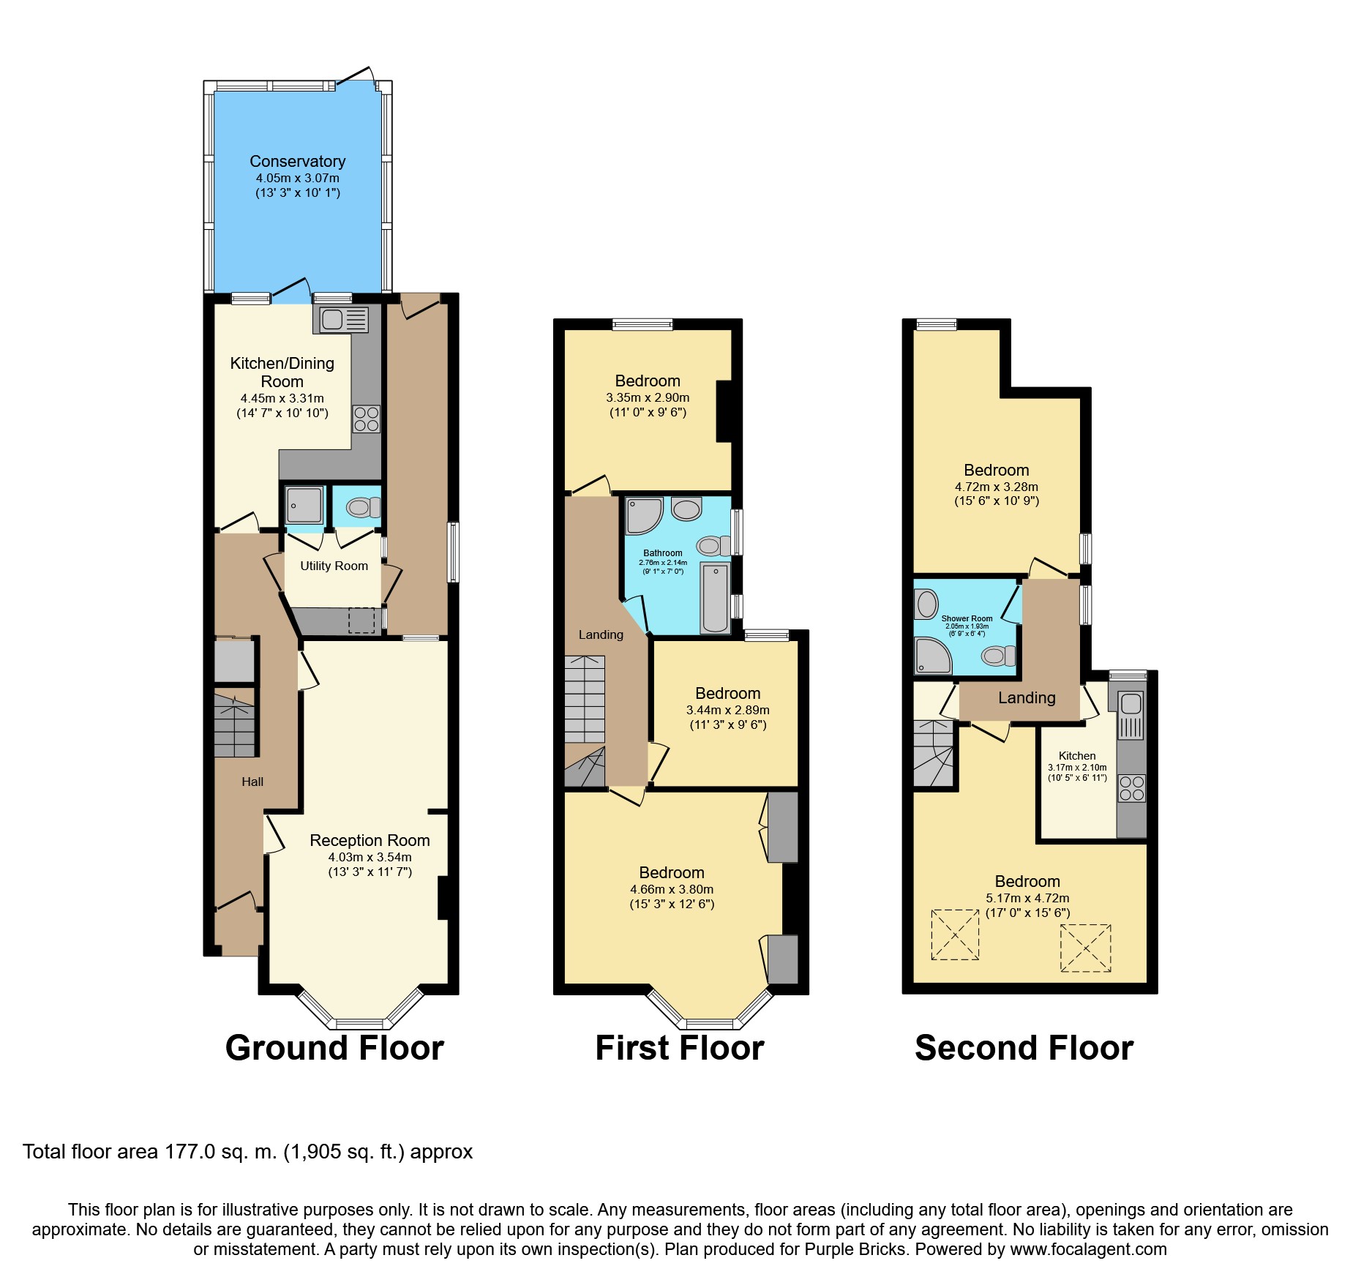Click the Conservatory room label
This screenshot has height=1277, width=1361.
(x=297, y=161)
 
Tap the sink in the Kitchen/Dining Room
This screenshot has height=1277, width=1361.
(x=341, y=320)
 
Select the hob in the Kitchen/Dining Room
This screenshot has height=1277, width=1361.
(x=367, y=419)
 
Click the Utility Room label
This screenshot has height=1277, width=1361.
(x=334, y=566)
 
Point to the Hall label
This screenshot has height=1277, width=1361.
(x=252, y=782)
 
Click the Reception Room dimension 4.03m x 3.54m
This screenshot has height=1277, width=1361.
(x=370, y=857)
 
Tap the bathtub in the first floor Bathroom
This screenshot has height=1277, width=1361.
(x=715, y=598)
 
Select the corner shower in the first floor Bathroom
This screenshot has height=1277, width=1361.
(x=644, y=515)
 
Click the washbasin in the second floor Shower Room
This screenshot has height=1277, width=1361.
(x=926, y=604)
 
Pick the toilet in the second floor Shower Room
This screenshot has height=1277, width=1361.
(x=998, y=656)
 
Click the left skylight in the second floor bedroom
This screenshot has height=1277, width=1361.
(x=955, y=935)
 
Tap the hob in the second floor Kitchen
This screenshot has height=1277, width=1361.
(x=1131, y=788)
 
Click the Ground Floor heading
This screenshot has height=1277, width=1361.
(x=334, y=1048)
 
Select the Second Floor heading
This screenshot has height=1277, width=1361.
(x=1024, y=1048)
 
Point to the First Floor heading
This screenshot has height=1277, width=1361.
(x=680, y=1048)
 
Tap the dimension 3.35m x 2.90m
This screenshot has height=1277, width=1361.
(x=648, y=397)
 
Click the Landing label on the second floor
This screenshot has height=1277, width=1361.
(x=1027, y=698)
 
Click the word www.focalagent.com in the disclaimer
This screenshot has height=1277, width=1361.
(x=1088, y=1249)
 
